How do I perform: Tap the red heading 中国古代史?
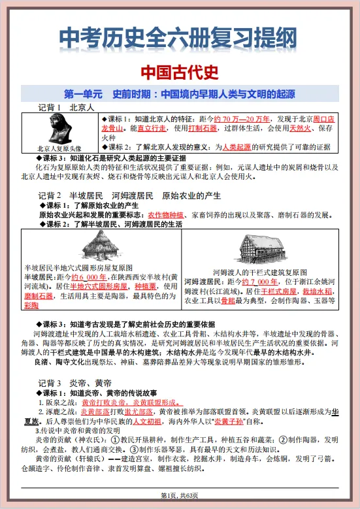tap(180, 71)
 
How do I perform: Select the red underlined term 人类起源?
tap(241, 148)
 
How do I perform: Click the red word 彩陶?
tap(31, 305)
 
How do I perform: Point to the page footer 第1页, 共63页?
tap(180, 499)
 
